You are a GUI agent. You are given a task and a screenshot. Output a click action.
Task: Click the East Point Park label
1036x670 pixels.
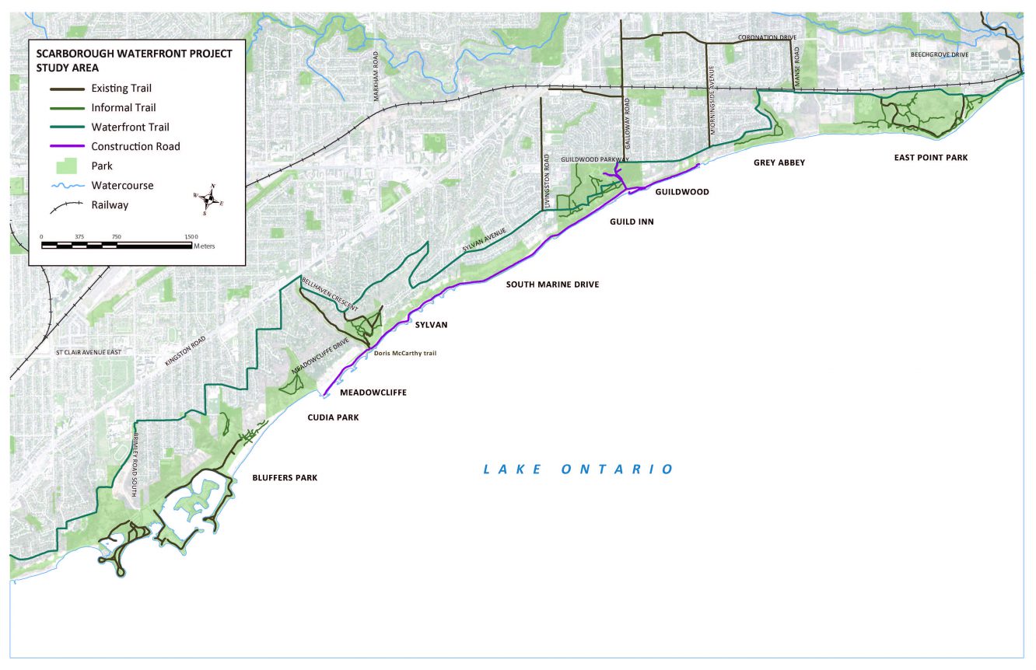click(x=930, y=158)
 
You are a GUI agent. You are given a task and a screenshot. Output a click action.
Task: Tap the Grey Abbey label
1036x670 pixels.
click(x=779, y=162)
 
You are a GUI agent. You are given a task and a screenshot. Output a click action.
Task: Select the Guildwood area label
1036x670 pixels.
click(x=682, y=192)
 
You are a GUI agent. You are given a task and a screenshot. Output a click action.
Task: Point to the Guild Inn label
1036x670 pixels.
click(x=632, y=222)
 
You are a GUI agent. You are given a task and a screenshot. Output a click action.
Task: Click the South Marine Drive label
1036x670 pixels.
click(x=552, y=284)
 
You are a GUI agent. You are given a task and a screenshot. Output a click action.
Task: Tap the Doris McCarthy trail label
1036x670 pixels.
click(x=405, y=353)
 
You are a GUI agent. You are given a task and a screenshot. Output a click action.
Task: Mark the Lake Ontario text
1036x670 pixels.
click(x=578, y=469)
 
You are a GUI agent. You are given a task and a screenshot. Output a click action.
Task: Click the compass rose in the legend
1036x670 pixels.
click(x=208, y=199)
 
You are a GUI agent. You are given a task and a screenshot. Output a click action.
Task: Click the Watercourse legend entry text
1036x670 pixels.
click(x=122, y=186)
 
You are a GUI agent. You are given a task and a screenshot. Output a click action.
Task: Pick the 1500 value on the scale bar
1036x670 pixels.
click(x=191, y=236)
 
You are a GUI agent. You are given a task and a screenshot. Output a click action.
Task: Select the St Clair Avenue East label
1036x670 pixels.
click(x=89, y=353)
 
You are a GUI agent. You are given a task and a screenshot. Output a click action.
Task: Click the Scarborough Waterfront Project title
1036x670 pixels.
click(x=134, y=54)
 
